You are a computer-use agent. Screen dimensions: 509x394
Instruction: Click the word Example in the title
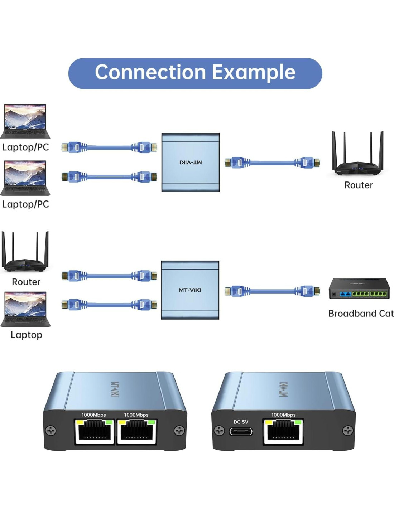pyautogui.click(x=254, y=73)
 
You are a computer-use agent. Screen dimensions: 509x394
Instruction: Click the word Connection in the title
pyautogui.click(x=150, y=73)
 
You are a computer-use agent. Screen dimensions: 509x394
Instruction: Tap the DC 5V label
pyautogui.click(x=241, y=422)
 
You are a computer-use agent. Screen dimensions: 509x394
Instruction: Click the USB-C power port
pyautogui.click(x=241, y=432)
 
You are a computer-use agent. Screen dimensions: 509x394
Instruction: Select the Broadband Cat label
pyautogui.click(x=361, y=314)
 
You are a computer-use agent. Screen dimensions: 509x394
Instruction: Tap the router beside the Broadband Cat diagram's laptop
pyautogui.click(x=25, y=252)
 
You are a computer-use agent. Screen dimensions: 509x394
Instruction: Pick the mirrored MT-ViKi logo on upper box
pyautogui.click(x=191, y=163)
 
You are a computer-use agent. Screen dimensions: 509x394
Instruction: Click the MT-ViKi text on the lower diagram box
pyautogui.click(x=190, y=290)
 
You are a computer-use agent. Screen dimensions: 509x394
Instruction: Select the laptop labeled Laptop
pyautogui.click(x=25, y=309)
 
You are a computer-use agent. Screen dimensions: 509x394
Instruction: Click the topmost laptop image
pyautogui.click(x=25, y=121)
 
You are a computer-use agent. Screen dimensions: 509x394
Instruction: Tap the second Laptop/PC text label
pyautogui.click(x=25, y=204)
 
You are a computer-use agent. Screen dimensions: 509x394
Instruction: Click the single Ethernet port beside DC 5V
pyautogui.click(x=283, y=432)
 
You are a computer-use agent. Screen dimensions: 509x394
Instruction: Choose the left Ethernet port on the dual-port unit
pyautogui.click(x=95, y=432)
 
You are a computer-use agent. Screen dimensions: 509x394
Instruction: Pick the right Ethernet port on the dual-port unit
pyautogui.click(x=137, y=432)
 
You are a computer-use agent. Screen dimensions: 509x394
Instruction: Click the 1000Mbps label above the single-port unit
pyautogui.click(x=283, y=415)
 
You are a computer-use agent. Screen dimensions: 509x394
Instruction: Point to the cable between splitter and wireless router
pyautogui.click(x=272, y=163)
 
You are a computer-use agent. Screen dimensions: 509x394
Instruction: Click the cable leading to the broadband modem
pyautogui.click(x=272, y=291)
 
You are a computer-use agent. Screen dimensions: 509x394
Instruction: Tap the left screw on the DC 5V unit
pyautogui.click(x=219, y=430)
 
